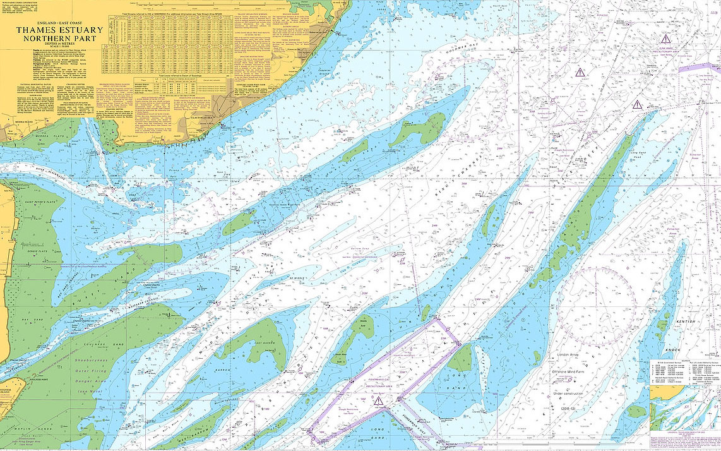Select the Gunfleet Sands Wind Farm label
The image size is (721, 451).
point(291,203)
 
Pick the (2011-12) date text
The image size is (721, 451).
point(571,409)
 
